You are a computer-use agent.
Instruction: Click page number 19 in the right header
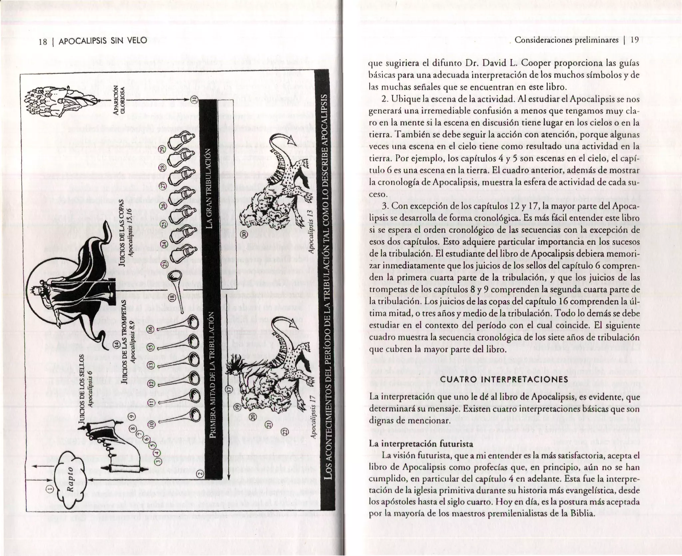click(x=634, y=40)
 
